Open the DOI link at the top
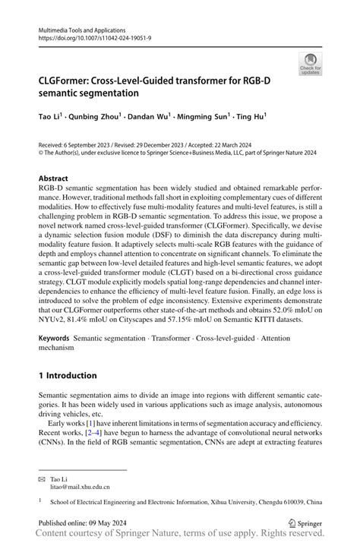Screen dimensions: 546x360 coord(90,36)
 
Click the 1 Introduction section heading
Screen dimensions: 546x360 coord(68,375)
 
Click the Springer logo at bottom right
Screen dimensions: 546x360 coord(302,523)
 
